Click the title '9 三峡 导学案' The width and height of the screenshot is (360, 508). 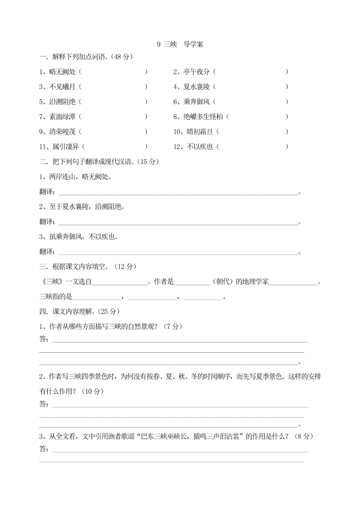click(x=180, y=44)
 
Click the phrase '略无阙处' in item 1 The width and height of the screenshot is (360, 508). click(x=63, y=72)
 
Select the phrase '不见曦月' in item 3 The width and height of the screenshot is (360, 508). click(x=63, y=87)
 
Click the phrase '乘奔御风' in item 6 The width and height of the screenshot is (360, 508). click(x=197, y=102)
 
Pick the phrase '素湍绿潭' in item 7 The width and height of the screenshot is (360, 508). click(x=63, y=117)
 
